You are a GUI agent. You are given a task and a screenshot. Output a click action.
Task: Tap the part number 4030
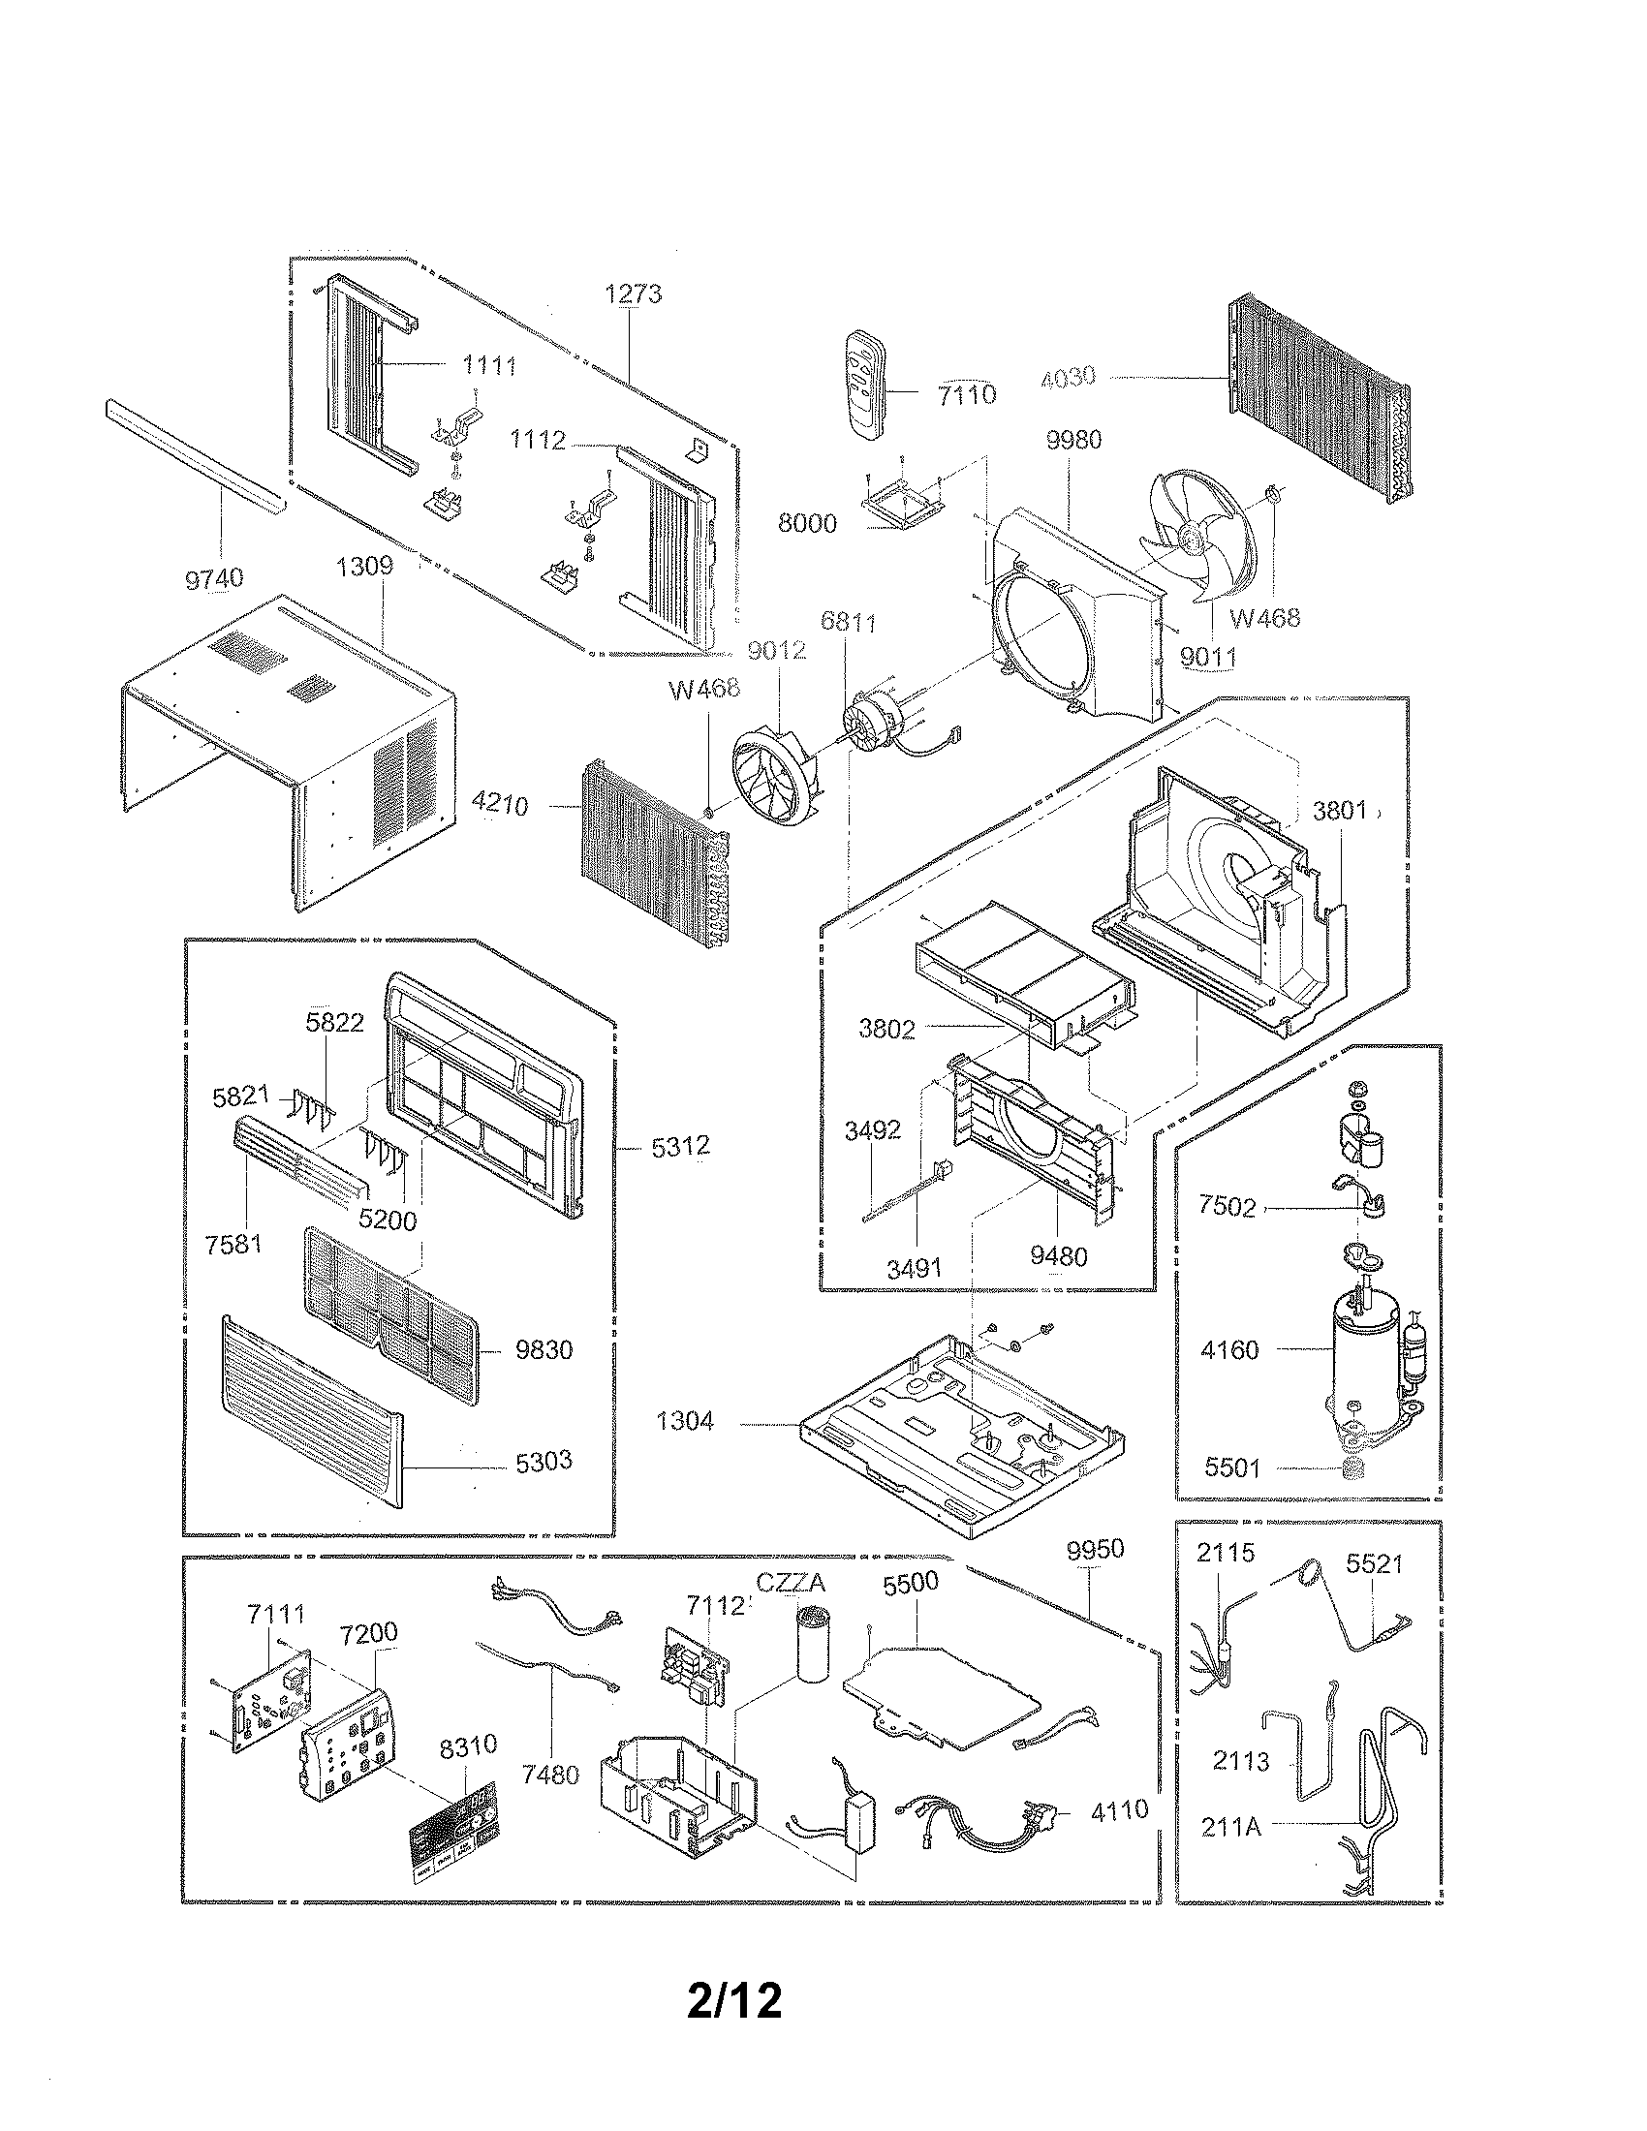[1069, 377]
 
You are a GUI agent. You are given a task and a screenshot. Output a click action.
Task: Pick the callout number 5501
[1232, 1495]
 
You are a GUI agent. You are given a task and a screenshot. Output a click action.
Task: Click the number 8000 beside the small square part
[807, 523]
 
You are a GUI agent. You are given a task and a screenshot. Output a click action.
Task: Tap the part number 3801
[1339, 810]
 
